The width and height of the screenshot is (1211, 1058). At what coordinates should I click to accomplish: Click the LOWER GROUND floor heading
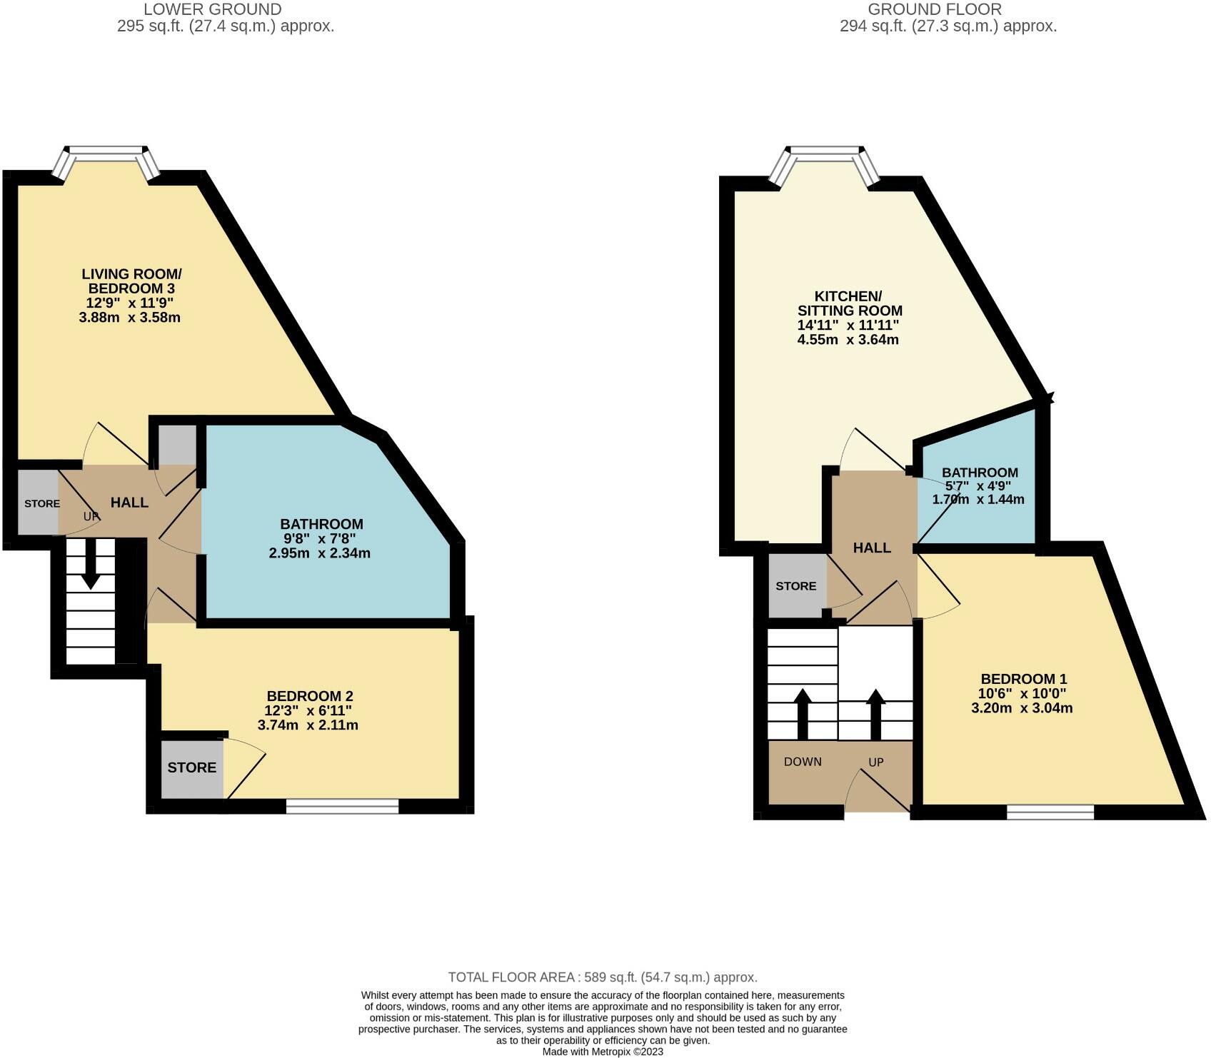(213, 9)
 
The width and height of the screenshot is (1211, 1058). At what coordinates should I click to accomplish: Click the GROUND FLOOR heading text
(935, 9)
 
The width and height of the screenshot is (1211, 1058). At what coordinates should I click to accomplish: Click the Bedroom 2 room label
(310, 696)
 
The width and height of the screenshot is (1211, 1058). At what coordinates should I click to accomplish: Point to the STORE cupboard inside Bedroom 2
(191, 767)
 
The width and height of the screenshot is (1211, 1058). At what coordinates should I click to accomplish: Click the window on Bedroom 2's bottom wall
(342, 806)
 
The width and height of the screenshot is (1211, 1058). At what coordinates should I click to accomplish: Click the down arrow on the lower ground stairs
(90, 563)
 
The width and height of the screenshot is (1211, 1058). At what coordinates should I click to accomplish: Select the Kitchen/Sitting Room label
(849, 303)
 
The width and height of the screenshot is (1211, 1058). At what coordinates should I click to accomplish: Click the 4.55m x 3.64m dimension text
(848, 340)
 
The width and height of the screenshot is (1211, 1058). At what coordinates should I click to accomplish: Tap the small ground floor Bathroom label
(979, 473)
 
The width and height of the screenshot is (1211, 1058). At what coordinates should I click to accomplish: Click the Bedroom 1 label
(1023, 679)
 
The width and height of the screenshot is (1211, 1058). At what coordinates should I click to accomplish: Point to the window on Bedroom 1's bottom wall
(1050, 812)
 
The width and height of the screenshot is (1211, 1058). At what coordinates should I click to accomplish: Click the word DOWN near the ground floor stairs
(803, 762)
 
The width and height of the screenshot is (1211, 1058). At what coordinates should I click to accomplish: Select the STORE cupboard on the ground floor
(795, 586)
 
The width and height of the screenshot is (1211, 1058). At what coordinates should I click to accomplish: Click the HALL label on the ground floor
(872, 548)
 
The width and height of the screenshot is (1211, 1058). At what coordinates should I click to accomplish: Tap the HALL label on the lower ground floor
(129, 503)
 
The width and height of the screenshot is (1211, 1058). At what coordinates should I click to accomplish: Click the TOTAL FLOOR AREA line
(602, 977)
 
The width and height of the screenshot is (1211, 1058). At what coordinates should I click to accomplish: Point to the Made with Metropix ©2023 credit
(603, 1052)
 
